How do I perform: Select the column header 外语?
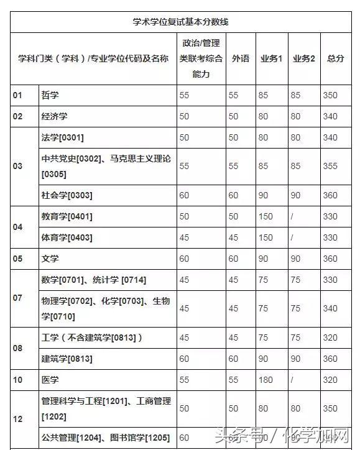pyautogui.click(x=240, y=58)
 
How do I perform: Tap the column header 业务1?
pyautogui.click(x=271, y=58)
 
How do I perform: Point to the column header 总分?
pyautogui.click(x=335, y=58)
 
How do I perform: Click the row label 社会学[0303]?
pyautogui.click(x=67, y=195)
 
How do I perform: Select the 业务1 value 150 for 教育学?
pyautogui.click(x=265, y=216)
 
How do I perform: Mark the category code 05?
pyautogui.click(x=17, y=259)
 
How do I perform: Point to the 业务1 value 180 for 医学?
pyautogui.click(x=265, y=379)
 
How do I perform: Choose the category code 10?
pyautogui.click(x=17, y=379)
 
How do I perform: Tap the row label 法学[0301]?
pyautogui.click(x=62, y=137)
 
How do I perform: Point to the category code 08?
pyautogui.click(x=17, y=348)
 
